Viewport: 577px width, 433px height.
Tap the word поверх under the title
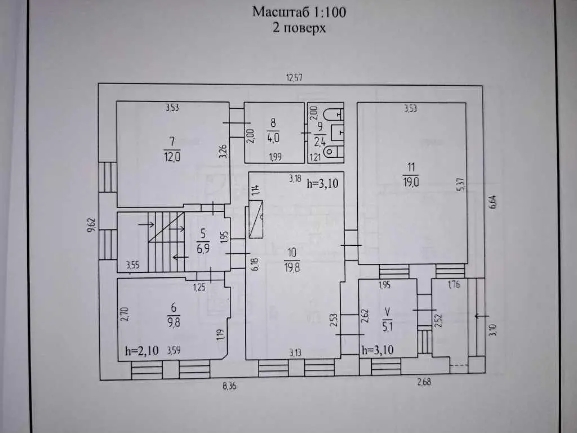click(x=308, y=28)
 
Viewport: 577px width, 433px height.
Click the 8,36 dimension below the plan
click(x=229, y=386)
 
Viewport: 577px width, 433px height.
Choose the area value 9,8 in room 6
click(x=174, y=324)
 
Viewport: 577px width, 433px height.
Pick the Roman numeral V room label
click(x=387, y=311)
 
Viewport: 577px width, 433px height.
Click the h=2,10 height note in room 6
click(x=141, y=352)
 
